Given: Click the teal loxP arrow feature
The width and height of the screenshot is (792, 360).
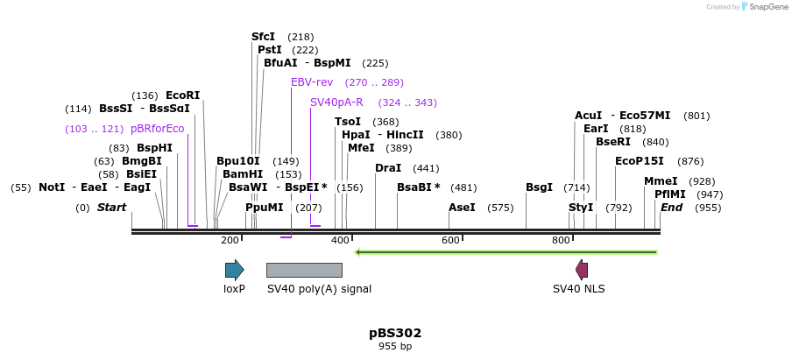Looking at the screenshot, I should point(234,270).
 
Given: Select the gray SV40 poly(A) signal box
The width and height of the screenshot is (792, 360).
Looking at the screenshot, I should point(304,270).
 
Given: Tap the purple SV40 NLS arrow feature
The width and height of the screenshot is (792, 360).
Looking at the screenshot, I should point(581,270).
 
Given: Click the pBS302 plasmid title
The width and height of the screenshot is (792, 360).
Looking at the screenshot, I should point(395,333).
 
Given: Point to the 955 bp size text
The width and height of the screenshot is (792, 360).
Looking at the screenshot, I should point(395,347).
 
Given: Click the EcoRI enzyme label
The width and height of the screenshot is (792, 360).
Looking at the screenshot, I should point(182,95).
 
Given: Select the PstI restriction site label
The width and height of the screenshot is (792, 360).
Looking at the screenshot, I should point(269,50).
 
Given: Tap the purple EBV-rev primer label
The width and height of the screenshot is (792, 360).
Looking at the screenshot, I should point(312,82).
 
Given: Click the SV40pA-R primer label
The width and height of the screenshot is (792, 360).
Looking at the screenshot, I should point(336,102).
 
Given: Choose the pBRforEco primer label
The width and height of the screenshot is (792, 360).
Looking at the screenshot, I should point(157,129).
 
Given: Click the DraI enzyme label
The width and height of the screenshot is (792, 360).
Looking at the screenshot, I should point(388,167).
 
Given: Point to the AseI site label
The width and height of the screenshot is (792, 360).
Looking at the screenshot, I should point(462,208).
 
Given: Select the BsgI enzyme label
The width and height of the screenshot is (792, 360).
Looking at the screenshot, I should point(539,187).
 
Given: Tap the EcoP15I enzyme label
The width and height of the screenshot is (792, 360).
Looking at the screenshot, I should point(640,161).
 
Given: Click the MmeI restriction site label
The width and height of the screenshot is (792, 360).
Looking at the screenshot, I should point(661,181).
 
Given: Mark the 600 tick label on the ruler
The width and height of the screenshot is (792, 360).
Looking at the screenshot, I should point(450,240).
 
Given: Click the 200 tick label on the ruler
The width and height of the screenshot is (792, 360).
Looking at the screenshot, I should point(230,240).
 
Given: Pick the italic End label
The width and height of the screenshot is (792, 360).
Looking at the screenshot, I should point(672,208).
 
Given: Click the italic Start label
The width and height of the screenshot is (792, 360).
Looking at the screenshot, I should point(111,208).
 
